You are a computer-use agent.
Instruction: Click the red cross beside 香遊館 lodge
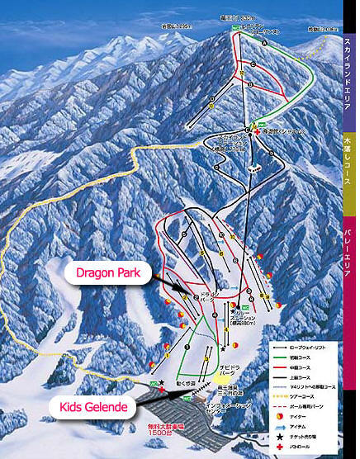pyautogui.click(x=258, y=132)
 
